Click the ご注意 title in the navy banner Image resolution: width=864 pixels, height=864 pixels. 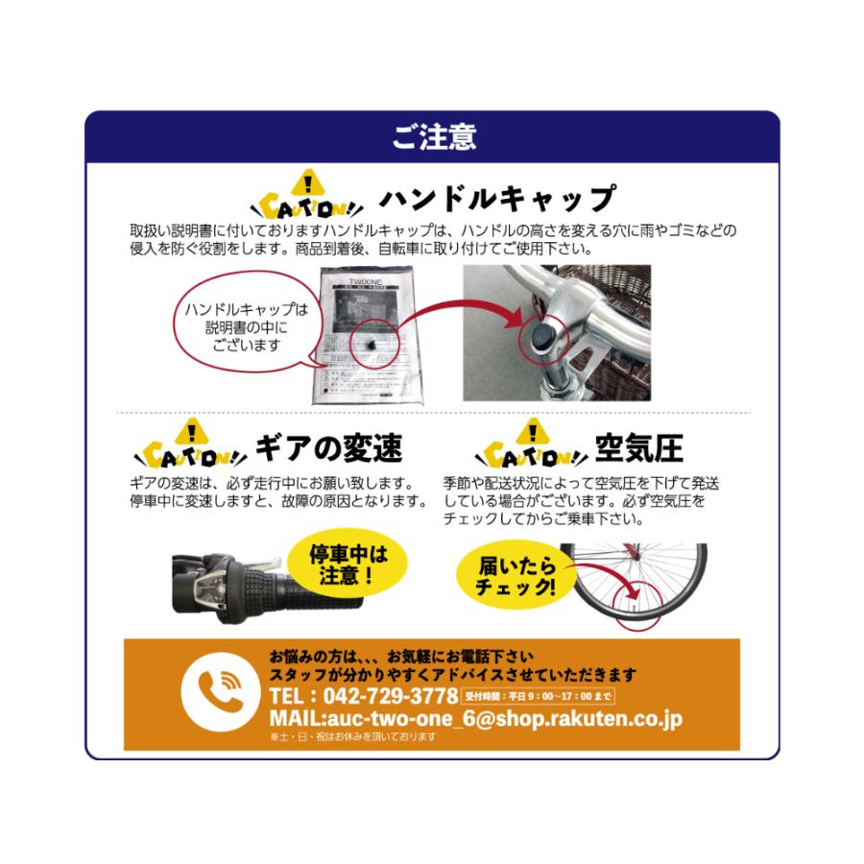pos(432,136)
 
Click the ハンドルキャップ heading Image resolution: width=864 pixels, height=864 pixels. pos(496,199)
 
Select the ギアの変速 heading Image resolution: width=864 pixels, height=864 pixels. pos(328,447)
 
